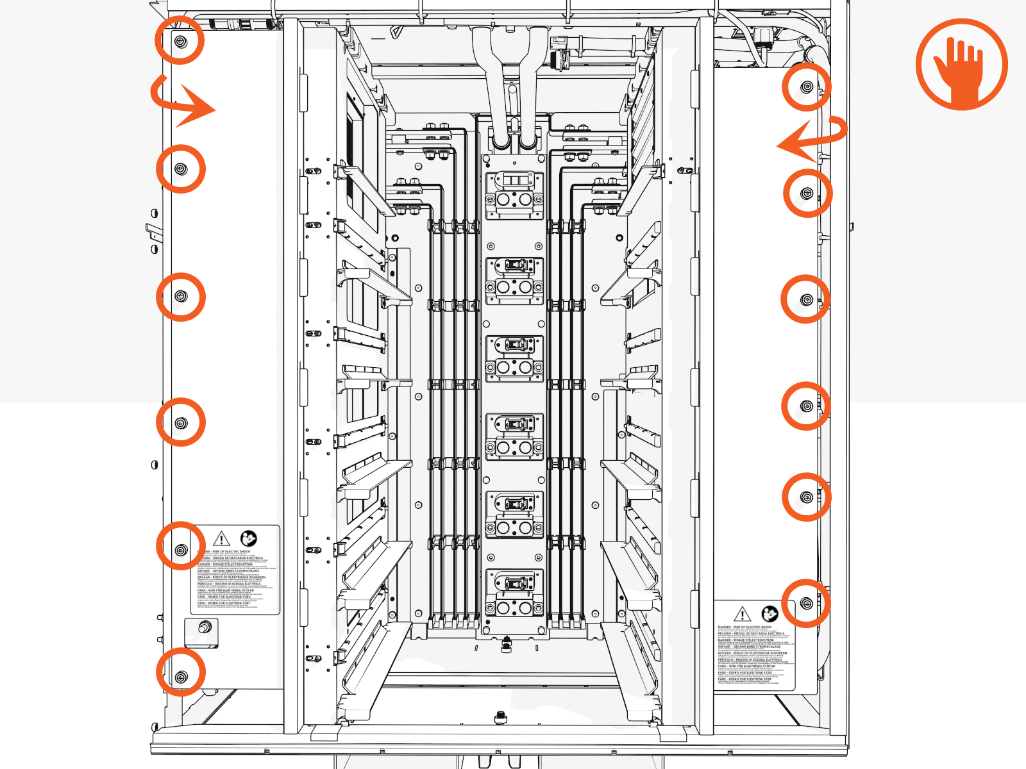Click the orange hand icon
point(961,64)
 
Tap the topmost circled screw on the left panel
point(180,41)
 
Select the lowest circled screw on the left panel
point(181,677)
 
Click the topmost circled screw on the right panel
point(807,86)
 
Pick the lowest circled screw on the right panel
point(807,604)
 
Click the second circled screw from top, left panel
point(181,169)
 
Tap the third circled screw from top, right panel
point(807,299)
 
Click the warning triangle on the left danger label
point(221,538)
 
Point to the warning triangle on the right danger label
point(742,614)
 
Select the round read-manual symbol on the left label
point(248,538)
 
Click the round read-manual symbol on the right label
point(769,613)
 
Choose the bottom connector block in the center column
point(514,593)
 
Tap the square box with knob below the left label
point(202,631)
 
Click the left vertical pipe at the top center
point(498,83)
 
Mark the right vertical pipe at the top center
point(530,83)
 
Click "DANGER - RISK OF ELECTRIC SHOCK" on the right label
point(744,627)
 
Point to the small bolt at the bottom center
point(500,716)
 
